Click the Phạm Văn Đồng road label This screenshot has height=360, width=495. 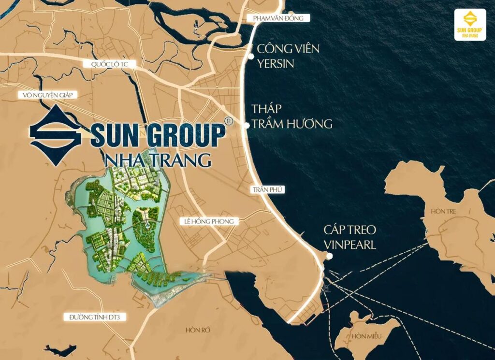277,18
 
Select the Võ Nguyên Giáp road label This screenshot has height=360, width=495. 47,95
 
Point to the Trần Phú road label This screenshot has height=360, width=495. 267,190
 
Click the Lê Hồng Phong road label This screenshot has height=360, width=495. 209,221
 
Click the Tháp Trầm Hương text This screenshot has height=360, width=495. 291,116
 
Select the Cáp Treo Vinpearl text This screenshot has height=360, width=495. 350,237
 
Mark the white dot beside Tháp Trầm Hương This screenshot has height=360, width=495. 246,125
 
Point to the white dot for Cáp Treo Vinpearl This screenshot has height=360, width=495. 329,256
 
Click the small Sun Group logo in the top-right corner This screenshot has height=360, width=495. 470,24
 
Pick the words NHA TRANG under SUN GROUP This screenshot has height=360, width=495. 157,159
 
